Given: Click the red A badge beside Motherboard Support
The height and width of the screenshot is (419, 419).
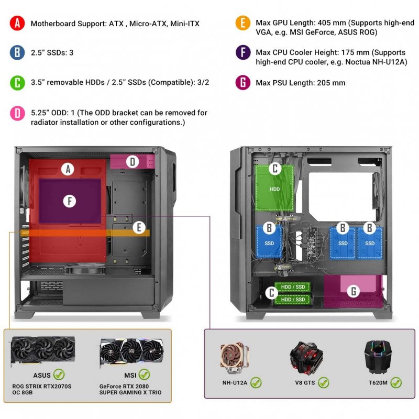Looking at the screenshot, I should point(17,24).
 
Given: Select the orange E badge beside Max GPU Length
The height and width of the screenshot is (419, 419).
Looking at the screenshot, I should point(242,24).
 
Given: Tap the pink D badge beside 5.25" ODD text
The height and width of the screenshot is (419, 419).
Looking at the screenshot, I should point(17,113).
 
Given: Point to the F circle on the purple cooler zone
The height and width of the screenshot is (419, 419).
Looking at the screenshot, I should point(67,201).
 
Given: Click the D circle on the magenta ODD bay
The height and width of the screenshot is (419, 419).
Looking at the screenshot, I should point(133,162).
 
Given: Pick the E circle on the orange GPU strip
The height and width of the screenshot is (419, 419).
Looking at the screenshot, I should point(138,227).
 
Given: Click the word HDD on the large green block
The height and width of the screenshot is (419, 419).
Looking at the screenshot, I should point(274,189).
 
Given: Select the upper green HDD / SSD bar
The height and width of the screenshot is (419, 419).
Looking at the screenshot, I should point(293,287).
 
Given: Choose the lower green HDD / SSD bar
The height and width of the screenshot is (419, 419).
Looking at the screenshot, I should point(293,299).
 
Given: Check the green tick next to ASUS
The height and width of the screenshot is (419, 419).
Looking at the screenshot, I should point(59,375).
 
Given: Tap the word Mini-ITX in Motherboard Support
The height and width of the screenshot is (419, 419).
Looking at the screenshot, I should point(184,24).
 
